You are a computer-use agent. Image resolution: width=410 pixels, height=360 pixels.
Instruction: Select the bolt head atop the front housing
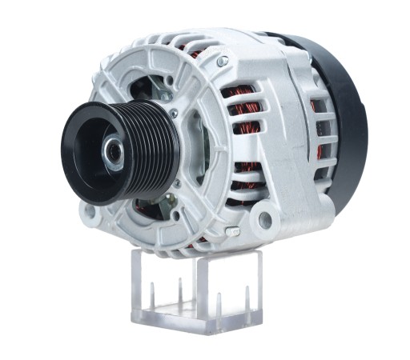[x=221, y=62]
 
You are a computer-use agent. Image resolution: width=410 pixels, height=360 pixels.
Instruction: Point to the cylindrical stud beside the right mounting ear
[x=232, y=232]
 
